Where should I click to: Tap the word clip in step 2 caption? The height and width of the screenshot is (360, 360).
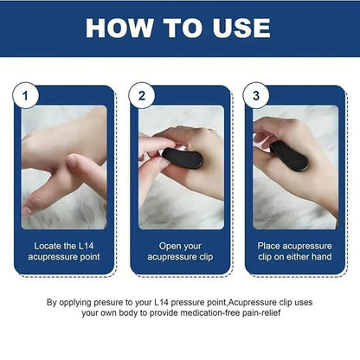coord(200,256)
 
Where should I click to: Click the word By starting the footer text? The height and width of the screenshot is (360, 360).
coord(53,302)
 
